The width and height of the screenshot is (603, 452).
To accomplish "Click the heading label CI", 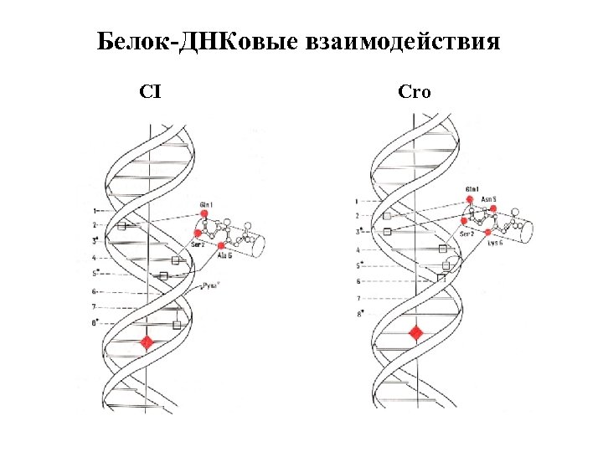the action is tap(151, 92).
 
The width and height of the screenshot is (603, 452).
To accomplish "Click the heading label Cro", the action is tap(415, 92).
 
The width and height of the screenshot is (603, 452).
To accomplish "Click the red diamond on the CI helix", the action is tap(147, 342).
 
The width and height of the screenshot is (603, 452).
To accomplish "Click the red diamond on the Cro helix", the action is tap(415, 334).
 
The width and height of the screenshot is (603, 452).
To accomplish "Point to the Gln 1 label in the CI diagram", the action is tap(206, 205).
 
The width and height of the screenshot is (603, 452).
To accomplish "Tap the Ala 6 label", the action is tap(224, 255).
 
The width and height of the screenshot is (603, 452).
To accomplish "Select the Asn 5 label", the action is tap(488, 199).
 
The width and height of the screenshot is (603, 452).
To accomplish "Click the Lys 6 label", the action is tap(492, 244).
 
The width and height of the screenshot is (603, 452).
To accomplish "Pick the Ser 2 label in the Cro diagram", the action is tap(467, 234).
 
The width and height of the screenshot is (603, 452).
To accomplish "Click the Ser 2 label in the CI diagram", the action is tap(198, 244).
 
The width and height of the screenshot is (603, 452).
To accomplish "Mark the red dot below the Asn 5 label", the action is tap(492, 208).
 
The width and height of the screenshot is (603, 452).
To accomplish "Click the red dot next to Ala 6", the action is tap(220, 245).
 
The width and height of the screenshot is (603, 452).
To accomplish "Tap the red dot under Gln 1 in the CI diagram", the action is tap(204, 214).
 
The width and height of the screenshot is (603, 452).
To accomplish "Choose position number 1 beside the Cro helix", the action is tap(357, 201).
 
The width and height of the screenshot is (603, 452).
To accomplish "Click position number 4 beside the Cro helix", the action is tap(358, 250).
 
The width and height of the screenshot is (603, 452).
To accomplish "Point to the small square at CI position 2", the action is tap(121, 226).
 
